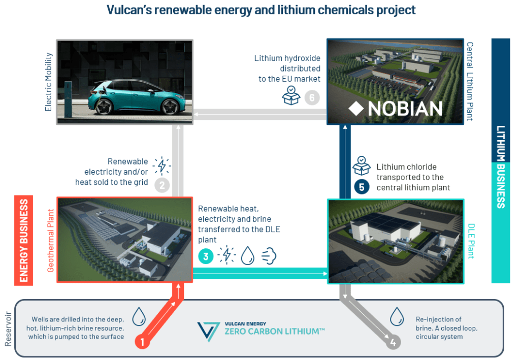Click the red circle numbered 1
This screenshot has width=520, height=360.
click(x=142, y=342)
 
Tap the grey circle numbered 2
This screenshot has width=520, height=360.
click(x=162, y=185)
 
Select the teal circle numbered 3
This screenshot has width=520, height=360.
click(x=206, y=256)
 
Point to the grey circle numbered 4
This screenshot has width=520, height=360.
click(x=393, y=342)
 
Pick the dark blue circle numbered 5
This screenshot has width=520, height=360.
click(x=362, y=187)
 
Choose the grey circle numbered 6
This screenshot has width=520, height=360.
click(x=312, y=98)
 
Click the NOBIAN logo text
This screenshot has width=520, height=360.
click(x=405, y=109)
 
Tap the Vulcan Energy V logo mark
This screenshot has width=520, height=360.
click(x=208, y=332)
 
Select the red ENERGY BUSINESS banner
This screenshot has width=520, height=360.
click(x=23, y=240)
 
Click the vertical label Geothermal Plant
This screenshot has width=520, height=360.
click(x=50, y=240)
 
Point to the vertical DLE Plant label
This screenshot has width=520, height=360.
click(x=471, y=241)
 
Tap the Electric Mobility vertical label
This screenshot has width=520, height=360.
click(x=48, y=82)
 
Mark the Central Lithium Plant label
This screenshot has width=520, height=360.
click(x=470, y=81)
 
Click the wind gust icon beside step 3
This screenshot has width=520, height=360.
click(x=269, y=256)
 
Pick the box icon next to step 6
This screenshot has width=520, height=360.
click(x=291, y=95)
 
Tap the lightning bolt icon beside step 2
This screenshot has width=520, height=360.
click(x=162, y=166)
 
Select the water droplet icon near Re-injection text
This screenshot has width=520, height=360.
click(x=397, y=316)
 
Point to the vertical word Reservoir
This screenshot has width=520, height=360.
click(x=8, y=329)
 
